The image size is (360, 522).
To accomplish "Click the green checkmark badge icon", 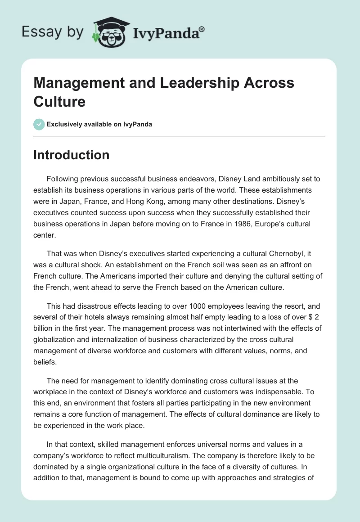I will click(x=39, y=124).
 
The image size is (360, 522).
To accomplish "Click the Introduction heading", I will click(x=71, y=155).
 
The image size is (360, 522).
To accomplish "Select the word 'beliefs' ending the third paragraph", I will click(x=45, y=353).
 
